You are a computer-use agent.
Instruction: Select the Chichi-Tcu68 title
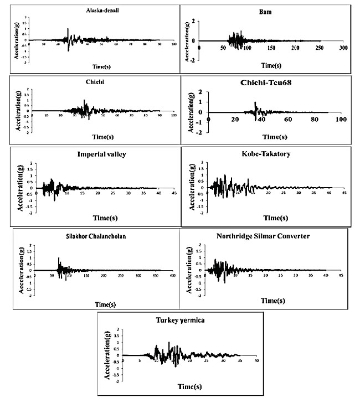tap(270, 83)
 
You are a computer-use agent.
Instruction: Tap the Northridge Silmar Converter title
tap(263, 236)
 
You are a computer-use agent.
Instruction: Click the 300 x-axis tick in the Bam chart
tap(343, 49)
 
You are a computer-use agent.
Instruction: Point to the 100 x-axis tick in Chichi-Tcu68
tap(341, 120)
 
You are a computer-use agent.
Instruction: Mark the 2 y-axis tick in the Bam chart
tap(193, 21)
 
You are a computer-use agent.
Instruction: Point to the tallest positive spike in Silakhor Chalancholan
tap(59, 258)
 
